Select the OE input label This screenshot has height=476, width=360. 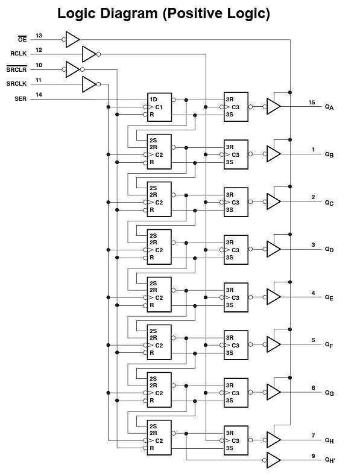tap(22, 39)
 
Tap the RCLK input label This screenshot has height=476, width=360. tap(19, 54)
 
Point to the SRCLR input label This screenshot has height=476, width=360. tap(16, 69)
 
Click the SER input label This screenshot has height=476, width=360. tap(21, 99)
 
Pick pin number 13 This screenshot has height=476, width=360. tap(39, 36)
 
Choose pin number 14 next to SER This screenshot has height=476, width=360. tap(39, 95)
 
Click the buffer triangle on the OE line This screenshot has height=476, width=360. tap(72, 39)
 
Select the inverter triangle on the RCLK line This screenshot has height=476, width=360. tap(89, 54)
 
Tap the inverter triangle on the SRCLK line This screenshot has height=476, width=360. tap(89, 84)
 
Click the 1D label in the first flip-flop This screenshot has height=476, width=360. tap(153, 100)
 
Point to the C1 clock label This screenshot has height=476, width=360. tap(159, 107)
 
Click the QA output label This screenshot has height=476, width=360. tap(329, 107)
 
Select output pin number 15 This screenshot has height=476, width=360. tap(312, 103)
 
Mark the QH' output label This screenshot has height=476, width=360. tap(330, 460)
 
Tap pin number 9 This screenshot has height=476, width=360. tap(313, 456)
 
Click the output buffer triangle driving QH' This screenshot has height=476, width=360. tap(274, 460)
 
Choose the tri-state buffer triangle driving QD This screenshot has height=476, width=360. tap(274, 249)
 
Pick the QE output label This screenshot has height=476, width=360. tap(329, 297)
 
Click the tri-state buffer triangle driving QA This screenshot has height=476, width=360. tap(274, 107)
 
